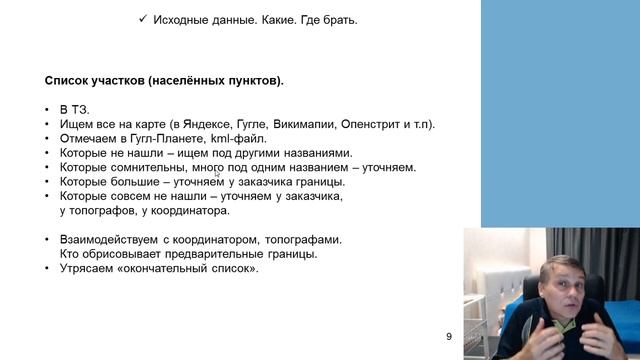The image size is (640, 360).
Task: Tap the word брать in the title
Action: click(x=338, y=20)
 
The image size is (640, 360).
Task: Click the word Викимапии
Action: click(x=317, y=125)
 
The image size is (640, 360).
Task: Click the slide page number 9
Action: click(x=449, y=336)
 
